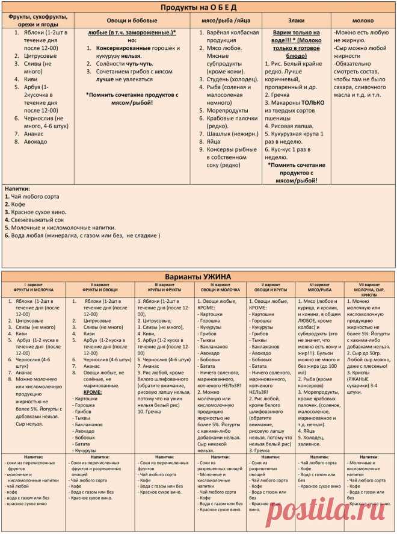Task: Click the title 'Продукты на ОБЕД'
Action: click(x=198, y=7)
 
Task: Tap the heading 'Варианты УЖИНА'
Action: click(x=198, y=276)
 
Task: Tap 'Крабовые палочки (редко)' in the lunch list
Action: click(x=232, y=119)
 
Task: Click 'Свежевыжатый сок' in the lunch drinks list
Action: click(x=37, y=220)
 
